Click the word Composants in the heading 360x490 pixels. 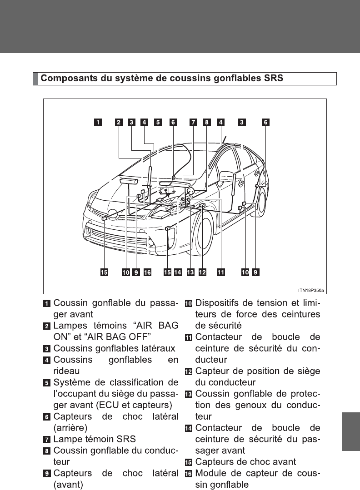click(65, 79)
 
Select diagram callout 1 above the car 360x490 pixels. click(98, 122)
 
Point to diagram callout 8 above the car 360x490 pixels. click(206, 122)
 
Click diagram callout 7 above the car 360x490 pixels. click(194, 122)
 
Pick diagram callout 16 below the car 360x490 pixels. click(147, 272)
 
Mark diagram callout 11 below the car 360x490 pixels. click(220, 272)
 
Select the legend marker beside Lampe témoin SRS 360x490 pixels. click(47, 439)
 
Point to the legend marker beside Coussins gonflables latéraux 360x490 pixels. click(47, 348)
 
